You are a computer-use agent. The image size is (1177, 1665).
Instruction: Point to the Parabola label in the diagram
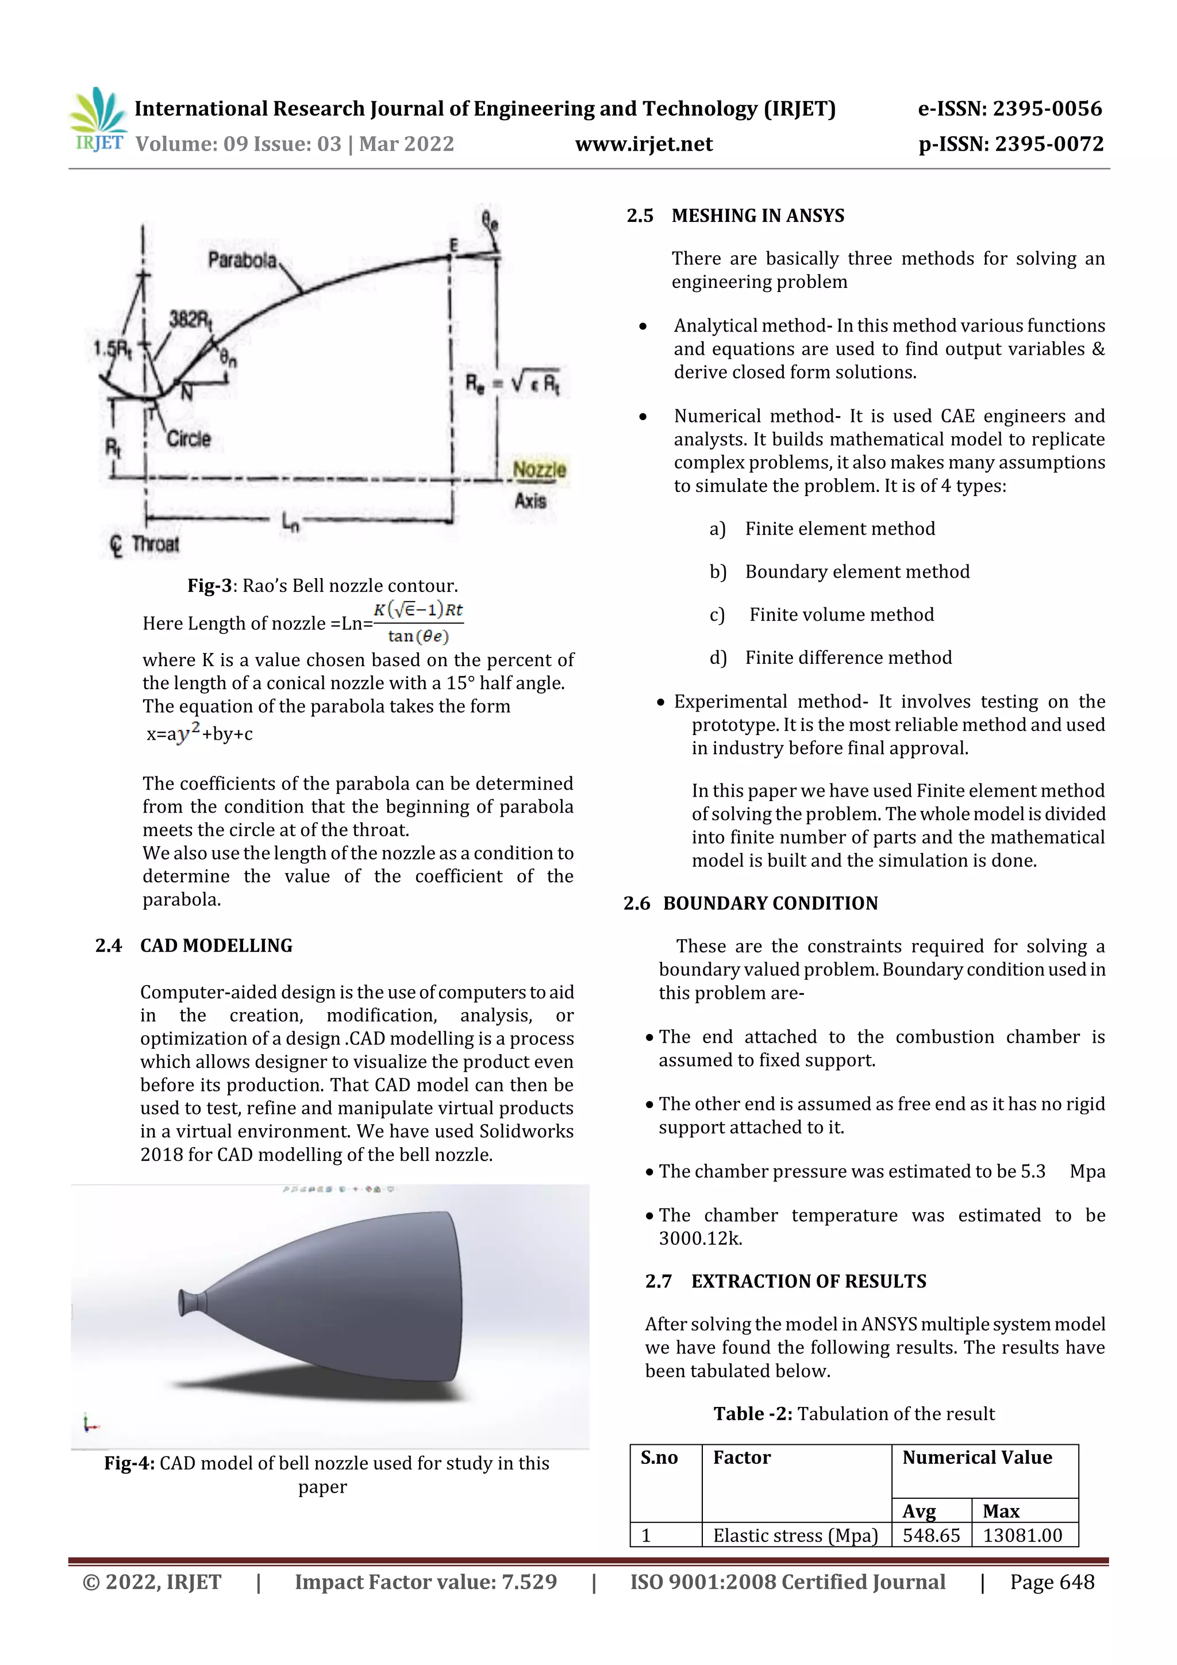click(241, 260)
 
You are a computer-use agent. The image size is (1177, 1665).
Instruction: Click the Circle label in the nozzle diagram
click(189, 439)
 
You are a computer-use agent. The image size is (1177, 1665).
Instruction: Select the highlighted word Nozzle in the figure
click(539, 470)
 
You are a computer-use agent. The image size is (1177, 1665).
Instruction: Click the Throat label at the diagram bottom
click(155, 544)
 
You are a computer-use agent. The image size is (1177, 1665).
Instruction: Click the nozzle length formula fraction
click(418, 623)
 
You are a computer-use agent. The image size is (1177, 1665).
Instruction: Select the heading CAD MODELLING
click(216, 945)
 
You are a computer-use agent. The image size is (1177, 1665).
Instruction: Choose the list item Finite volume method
click(841, 615)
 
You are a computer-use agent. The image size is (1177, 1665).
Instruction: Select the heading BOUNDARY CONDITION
click(770, 903)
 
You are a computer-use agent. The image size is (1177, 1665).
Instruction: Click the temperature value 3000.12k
click(700, 1239)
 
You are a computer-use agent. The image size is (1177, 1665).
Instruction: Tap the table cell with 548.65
click(930, 1535)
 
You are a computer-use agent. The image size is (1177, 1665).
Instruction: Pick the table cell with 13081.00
click(1022, 1535)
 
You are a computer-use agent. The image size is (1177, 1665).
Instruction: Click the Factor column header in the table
click(741, 1458)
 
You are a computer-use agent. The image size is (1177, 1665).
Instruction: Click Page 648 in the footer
click(1052, 1582)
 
